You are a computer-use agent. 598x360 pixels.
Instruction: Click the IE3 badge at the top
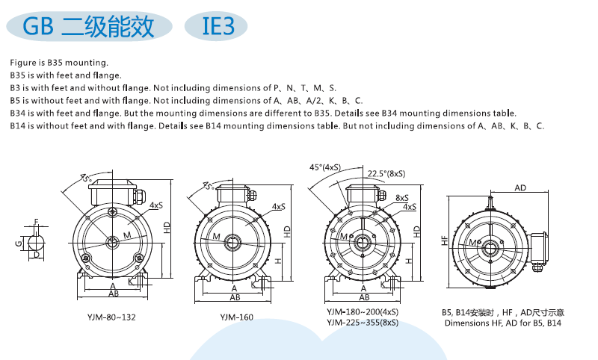pyautogui.click(x=216, y=26)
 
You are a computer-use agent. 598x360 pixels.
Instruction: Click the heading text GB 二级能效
pyautogui.click(x=88, y=26)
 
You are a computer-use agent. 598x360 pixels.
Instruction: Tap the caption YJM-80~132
pyautogui.click(x=111, y=317)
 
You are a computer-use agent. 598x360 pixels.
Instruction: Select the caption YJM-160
pyautogui.click(x=236, y=317)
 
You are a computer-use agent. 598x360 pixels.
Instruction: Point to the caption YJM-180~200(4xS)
pyautogui.click(x=363, y=312)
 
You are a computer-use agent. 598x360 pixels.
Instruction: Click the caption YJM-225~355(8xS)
pyautogui.click(x=363, y=323)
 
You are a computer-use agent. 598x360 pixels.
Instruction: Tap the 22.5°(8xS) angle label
pyautogui.click(x=386, y=174)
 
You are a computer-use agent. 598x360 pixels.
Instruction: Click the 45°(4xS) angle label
pyautogui.click(x=325, y=167)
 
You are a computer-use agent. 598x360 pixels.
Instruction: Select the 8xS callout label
pyautogui.click(x=402, y=198)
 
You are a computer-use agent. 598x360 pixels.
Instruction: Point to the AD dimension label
pyautogui.click(x=520, y=187)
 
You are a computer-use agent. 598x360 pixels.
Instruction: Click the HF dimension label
pyautogui.click(x=444, y=240)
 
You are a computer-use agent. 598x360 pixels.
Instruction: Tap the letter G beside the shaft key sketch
pyautogui.click(x=18, y=243)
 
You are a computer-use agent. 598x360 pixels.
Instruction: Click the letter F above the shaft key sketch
pyautogui.click(x=37, y=222)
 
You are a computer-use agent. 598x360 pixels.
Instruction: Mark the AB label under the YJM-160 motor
pyautogui.click(x=235, y=297)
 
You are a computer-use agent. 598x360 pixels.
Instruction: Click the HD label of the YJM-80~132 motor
pyautogui.click(x=167, y=228)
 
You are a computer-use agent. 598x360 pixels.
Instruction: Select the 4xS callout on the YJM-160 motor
pyautogui.click(x=278, y=206)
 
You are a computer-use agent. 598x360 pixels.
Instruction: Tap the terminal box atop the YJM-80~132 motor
pyautogui.click(x=113, y=193)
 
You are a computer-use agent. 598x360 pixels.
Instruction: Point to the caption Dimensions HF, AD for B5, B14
pyautogui.click(x=502, y=323)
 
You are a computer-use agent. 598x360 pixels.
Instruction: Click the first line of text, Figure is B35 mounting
pyautogui.click(x=59, y=63)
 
